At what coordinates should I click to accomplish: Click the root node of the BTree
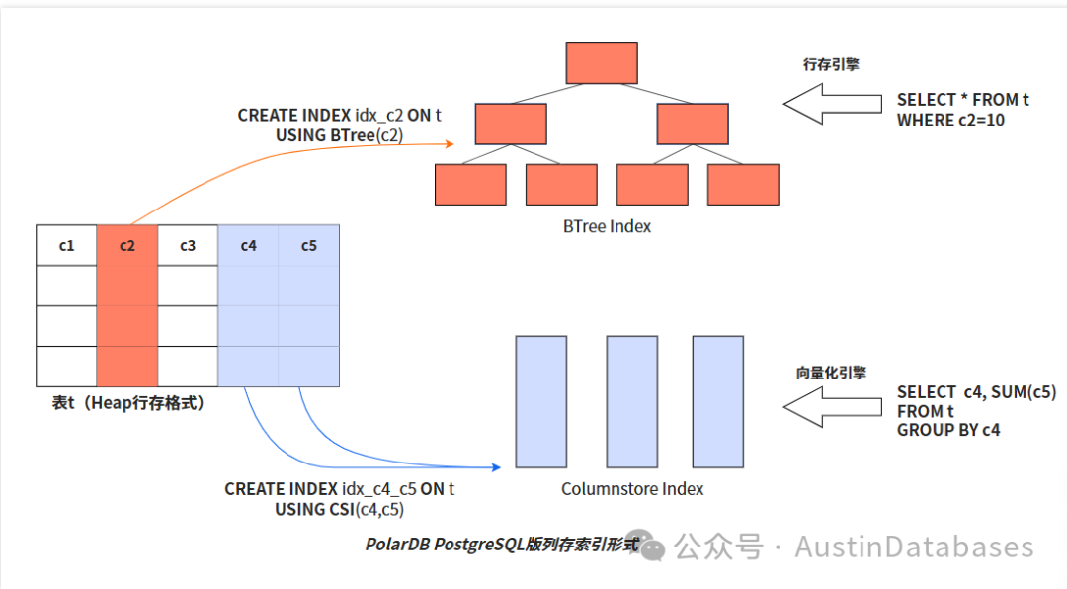click(602, 63)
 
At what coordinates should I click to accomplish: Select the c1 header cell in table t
click(66, 245)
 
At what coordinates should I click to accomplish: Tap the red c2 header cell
click(126, 245)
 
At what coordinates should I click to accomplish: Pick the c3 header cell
click(188, 245)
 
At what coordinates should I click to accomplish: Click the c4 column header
click(248, 245)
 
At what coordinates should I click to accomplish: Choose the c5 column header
click(309, 245)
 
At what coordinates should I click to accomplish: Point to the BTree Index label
click(607, 226)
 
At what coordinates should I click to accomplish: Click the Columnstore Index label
click(632, 488)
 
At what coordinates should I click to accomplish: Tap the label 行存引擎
click(831, 65)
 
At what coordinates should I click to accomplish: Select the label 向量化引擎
click(831, 373)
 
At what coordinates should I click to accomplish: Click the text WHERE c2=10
click(950, 120)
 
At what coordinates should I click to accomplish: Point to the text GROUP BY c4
click(948, 430)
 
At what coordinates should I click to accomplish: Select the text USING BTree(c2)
click(339, 134)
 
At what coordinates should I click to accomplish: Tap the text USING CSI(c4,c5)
click(339, 509)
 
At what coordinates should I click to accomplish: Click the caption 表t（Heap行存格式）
click(127, 403)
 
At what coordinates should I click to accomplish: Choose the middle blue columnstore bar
click(632, 401)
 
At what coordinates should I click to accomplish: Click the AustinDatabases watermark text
click(914, 547)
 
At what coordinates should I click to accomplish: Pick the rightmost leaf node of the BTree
click(743, 185)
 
